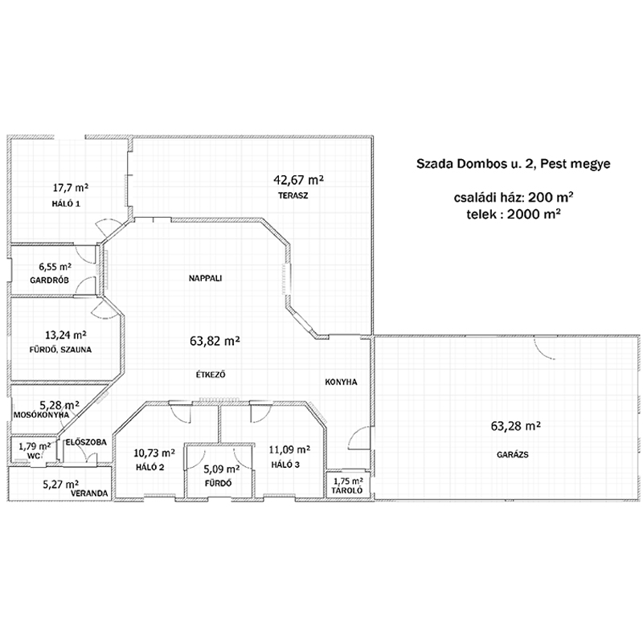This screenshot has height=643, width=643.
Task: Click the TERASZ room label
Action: coord(293,195)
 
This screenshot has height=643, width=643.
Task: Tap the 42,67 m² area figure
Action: coord(298,179)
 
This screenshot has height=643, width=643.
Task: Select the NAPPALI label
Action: coord(205,278)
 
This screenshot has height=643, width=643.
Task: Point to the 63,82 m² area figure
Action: coord(215,341)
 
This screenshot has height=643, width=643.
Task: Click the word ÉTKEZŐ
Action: coord(211,375)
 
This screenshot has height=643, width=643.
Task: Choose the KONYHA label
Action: coord(341,383)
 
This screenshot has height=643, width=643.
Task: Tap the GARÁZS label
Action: coord(513,454)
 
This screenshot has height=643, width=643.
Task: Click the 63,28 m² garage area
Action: coord(515,426)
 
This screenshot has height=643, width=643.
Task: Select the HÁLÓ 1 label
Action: coord(66,203)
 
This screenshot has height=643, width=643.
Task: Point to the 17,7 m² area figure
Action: coord(71,188)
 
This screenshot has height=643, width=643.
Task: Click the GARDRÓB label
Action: coord(49,281)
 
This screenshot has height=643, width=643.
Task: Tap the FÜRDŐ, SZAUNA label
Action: coord(60,350)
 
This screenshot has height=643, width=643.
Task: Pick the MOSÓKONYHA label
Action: coord(42,415)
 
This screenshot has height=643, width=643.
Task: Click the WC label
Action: coord(34,456)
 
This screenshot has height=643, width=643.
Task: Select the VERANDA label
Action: coord(89,494)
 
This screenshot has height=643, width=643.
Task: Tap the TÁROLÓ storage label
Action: coord(347,490)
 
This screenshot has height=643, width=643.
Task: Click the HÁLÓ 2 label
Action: coord(150,467)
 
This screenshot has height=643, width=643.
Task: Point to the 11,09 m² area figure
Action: coord(289,449)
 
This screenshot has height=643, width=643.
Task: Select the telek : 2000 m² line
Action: coord(514,214)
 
